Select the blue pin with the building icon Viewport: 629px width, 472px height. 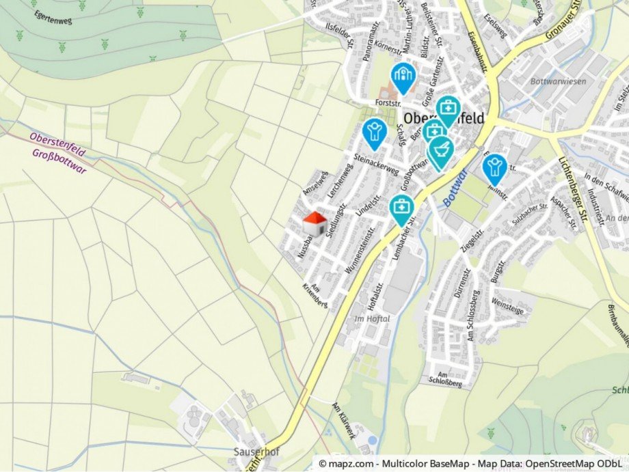[403, 77]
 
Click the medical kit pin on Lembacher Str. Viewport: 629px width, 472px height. [401, 208]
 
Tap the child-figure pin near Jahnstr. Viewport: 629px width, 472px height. [494, 168]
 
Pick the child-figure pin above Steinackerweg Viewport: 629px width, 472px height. [374, 133]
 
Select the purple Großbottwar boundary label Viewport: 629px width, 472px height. [59, 161]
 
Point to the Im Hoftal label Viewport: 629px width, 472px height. [372, 318]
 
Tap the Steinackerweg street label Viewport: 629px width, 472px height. [376, 163]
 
